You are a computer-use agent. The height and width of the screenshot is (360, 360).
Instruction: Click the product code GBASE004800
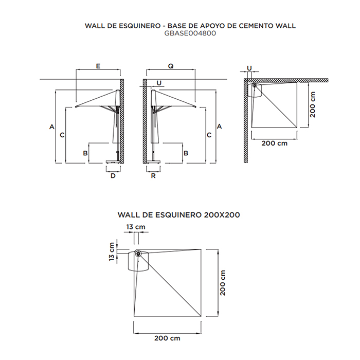tap(190, 33)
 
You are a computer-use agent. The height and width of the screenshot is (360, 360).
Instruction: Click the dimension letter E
tap(98, 66)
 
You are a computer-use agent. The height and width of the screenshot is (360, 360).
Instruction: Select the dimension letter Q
tap(171, 66)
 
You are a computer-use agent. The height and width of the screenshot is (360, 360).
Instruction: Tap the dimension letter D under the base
tap(113, 176)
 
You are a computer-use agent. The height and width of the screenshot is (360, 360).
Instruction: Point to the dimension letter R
tap(153, 176)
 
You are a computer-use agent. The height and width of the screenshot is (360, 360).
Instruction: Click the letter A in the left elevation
tap(52, 127)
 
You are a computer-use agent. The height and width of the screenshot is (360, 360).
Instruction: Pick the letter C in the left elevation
tap(62, 135)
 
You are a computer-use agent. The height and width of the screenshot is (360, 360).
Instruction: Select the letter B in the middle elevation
tap(186, 153)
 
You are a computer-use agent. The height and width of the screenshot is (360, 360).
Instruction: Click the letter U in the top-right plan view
tap(249, 68)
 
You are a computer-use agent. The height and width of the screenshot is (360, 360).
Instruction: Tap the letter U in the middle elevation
tap(159, 83)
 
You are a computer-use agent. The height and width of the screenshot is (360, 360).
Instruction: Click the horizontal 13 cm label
tap(136, 227)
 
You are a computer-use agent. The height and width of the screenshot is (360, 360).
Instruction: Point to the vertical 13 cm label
tap(112, 251)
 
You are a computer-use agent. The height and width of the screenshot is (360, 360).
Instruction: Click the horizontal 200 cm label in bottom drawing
tap(167, 338)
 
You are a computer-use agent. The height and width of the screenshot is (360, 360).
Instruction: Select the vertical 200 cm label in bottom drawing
tap(223, 283)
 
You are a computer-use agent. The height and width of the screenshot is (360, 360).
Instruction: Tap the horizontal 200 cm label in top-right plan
tap(274, 143)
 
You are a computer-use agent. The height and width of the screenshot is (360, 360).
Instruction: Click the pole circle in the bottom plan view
tap(138, 254)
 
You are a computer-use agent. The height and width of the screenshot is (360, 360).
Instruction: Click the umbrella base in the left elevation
tap(113, 162)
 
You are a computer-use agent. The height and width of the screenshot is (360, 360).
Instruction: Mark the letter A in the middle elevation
tap(219, 127)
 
